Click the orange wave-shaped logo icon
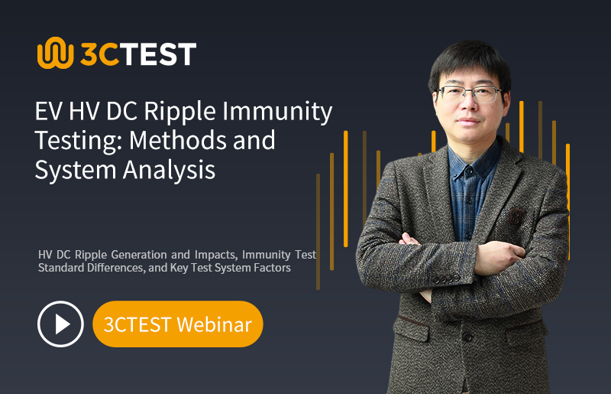[x=55, y=53]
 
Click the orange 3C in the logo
[x=99, y=54]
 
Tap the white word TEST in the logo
[x=158, y=54]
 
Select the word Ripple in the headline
[x=179, y=112]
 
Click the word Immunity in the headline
[x=277, y=112]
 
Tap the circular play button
[x=60, y=324]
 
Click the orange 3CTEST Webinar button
[x=178, y=324]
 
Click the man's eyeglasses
[x=468, y=94]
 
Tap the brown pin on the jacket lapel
[x=516, y=217]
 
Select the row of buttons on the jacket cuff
[x=447, y=279]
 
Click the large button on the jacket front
[x=467, y=336]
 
